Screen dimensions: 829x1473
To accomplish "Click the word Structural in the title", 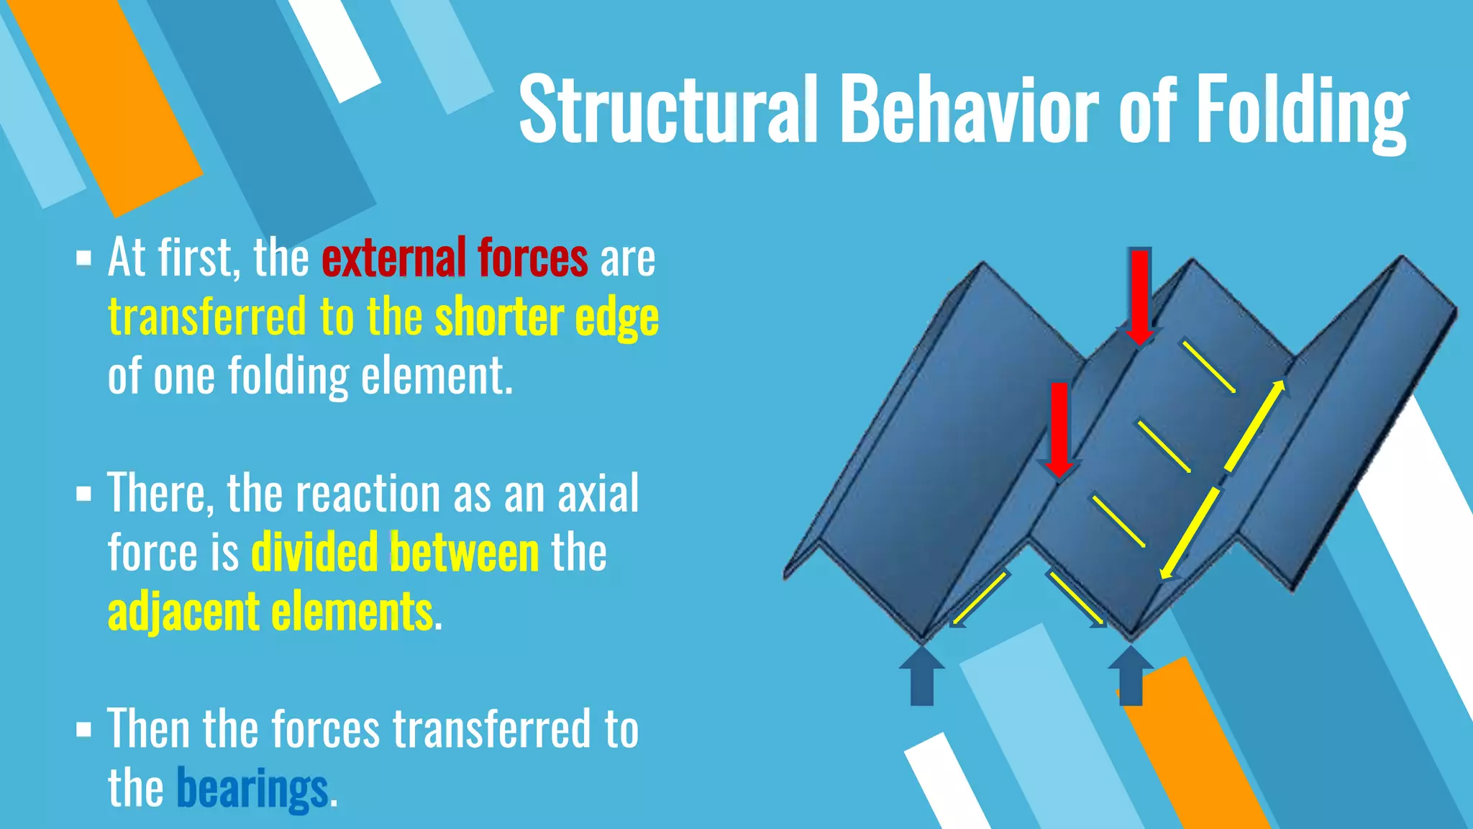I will pos(668,109).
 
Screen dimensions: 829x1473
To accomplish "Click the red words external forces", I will pos(455,258).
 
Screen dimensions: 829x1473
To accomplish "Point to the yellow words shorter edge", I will pos(547,317).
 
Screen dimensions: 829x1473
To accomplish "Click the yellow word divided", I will pos(314,553).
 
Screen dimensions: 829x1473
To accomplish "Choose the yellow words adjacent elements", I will pos(270,612).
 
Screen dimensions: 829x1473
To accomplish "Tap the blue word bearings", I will pos(252,789).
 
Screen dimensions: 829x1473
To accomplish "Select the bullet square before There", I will pos(84,494).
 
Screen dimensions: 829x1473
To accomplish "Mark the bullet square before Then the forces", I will pos(84,730).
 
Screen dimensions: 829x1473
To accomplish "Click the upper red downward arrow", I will pos(1140,295).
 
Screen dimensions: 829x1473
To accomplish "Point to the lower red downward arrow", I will pos(1059,429).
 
